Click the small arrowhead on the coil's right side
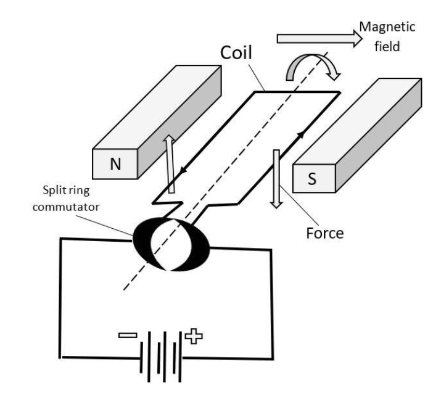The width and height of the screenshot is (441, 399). click(x=303, y=133)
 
